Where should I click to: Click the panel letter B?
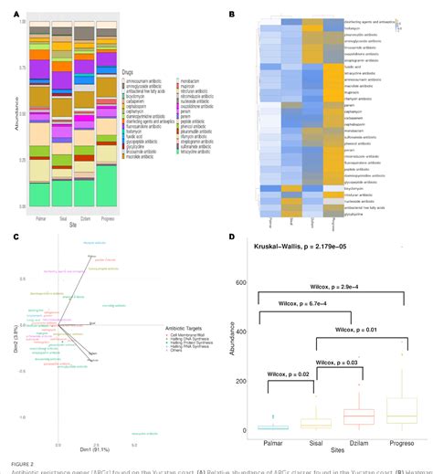232,14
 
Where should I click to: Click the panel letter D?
232,237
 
